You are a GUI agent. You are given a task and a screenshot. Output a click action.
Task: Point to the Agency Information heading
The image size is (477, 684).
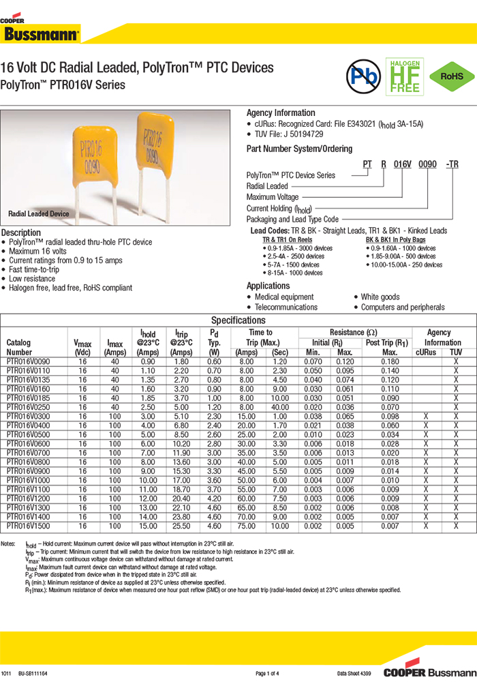click(x=281, y=113)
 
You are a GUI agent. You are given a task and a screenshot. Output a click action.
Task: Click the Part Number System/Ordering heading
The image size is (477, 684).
click(x=299, y=149)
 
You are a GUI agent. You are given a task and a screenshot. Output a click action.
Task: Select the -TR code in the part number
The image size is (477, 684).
click(x=452, y=164)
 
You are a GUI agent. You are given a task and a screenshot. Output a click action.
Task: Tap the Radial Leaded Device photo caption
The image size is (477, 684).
click(x=39, y=214)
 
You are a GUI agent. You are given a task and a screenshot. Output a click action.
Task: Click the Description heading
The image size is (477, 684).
click(x=21, y=233)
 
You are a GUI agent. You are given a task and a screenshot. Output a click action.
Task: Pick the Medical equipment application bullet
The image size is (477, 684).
click(x=283, y=297)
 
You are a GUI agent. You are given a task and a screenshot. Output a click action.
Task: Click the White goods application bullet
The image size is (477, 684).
click(x=380, y=297)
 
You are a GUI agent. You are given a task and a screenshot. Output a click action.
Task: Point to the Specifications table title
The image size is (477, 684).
click(x=238, y=321)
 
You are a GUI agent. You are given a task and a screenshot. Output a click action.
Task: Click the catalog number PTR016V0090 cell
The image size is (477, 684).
click(x=28, y=361)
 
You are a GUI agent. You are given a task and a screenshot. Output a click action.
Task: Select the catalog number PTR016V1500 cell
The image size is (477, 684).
click(x=28, y=526)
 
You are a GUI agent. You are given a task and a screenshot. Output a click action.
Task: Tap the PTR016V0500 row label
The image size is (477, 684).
click(x=28, y=434)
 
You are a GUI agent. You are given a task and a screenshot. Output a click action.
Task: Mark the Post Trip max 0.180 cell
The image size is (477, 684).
click(x=390, y=361)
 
